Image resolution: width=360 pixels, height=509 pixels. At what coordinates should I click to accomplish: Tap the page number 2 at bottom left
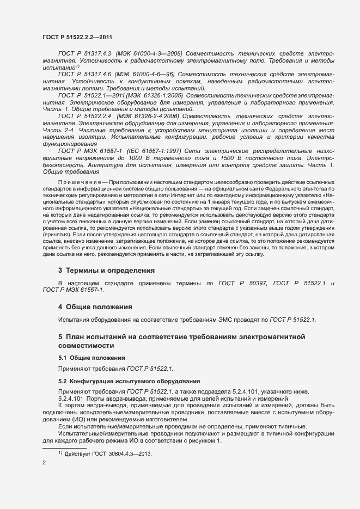[x=44, y=463]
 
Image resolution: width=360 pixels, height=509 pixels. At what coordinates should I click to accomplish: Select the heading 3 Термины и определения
[x=107, y=270]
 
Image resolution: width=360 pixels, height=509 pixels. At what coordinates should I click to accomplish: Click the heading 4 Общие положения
[x=95, y=306]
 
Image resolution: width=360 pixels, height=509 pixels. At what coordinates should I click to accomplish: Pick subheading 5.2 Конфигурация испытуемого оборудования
[x=129, y=381]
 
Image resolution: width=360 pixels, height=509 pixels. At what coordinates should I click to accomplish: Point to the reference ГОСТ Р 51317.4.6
[x=85, y=73]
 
